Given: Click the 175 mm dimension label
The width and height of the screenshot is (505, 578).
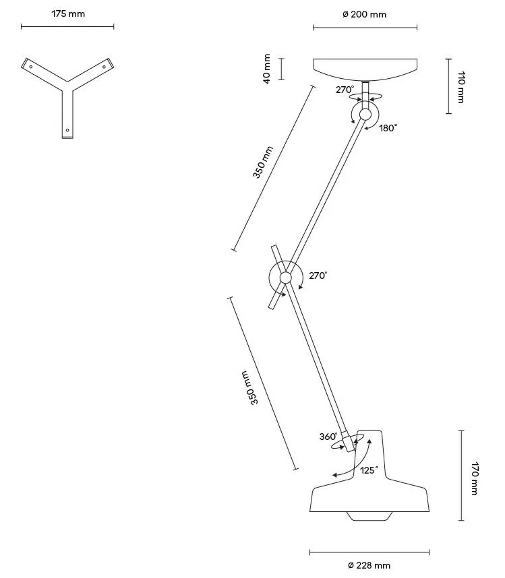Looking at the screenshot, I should pyautogui.click(x=68, y=13).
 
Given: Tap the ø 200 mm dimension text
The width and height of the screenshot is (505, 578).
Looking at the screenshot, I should pyautogui.click(x=364, y=14).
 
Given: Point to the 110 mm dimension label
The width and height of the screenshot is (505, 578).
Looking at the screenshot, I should pyautogui.click(x=462, y=87).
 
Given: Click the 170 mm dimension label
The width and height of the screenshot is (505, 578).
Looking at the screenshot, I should pyautogui.click(x=475, y=478).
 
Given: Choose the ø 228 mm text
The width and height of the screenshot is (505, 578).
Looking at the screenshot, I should pyautogui.click(x=369, y=565).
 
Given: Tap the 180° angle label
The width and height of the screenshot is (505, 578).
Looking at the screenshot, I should pyautogui.click(x=388, y=127).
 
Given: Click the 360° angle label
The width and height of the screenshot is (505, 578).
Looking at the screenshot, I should pyautogui.click(x=328, y=437).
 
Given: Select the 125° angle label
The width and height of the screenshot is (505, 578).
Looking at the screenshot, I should pyautogui.click(x=368, y=470).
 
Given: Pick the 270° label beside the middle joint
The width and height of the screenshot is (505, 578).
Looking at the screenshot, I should pyautogui.click(x=318, y=276).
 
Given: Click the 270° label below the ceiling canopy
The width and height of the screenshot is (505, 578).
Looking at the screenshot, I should pyautogui.click(x=345, y=89).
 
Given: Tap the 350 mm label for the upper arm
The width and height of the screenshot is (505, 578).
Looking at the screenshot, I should pyautogui.click(x=262, y=162).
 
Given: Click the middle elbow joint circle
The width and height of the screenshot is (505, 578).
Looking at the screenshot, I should pyautogui.click(x=286, y=278).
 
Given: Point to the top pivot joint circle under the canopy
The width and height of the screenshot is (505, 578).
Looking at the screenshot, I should pyautogui.click(x=365, y=115).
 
